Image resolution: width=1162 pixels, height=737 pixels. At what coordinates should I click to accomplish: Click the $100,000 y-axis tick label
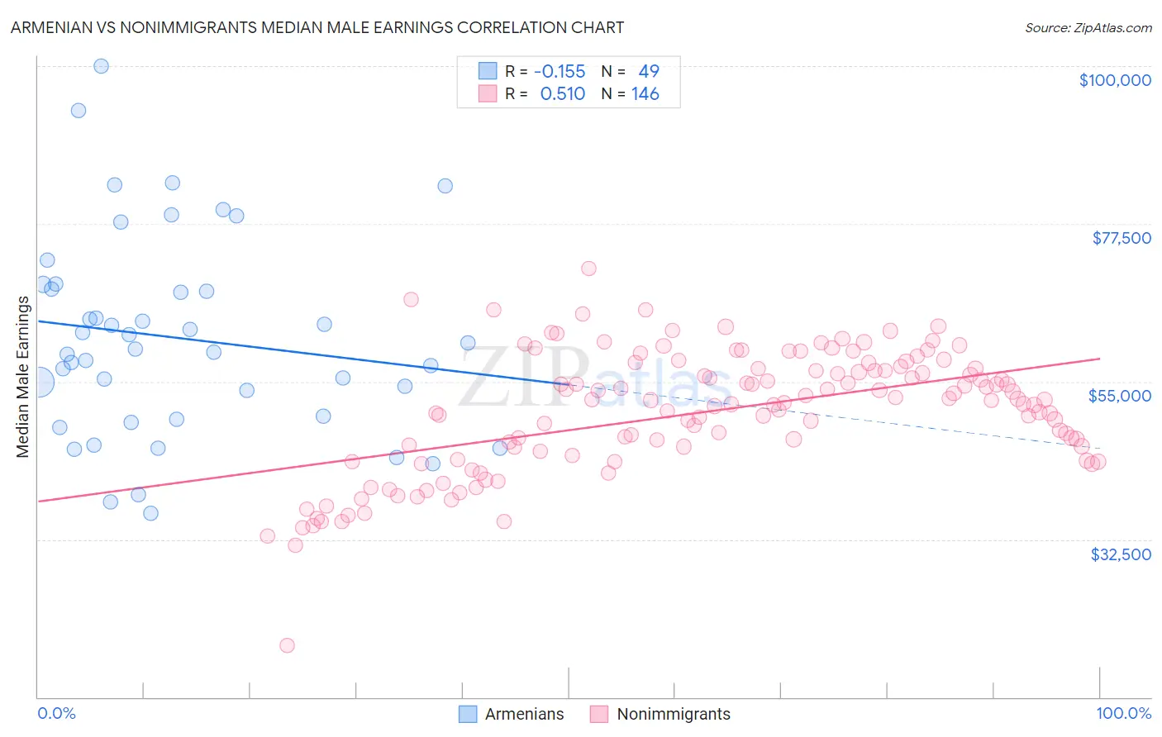[1115, 80]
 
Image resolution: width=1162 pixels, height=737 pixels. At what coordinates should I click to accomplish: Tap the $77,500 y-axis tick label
[1121, 238]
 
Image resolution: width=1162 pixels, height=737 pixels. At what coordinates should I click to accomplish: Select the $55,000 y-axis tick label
[1119, 396]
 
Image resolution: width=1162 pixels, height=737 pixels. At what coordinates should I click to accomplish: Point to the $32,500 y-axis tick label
[1121, 554]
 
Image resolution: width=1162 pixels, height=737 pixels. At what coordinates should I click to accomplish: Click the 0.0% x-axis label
[56, 713]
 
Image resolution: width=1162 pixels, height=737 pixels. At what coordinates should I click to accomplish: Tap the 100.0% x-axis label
[1123, 713]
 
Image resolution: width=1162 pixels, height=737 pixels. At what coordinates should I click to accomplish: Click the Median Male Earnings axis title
[22, 376]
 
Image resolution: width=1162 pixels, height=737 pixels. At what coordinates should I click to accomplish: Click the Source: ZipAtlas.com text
[1088, 27]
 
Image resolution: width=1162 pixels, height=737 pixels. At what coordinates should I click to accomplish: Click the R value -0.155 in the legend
[560, 72]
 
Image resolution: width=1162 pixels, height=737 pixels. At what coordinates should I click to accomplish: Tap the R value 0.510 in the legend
[562, 94]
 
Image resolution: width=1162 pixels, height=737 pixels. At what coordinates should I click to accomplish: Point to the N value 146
[645, 94]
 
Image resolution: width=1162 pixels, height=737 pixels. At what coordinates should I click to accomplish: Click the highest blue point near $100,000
[101, 66]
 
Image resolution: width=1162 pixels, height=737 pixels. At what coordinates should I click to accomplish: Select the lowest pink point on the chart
[287, 645]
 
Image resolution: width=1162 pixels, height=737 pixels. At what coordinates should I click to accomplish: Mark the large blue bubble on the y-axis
[39, 382]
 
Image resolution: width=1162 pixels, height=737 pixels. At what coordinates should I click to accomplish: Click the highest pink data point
[588, 269]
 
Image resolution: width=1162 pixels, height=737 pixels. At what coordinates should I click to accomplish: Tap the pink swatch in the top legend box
[488, 94]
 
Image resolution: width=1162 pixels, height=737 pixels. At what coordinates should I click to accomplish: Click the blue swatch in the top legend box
[488, 72]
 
